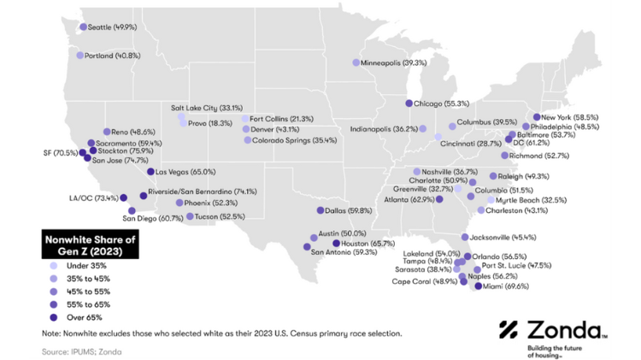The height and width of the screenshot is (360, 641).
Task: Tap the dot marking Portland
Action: coord(80,56)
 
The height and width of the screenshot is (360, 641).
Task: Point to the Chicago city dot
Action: coord(409,103)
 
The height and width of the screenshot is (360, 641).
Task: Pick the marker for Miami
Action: coord(477,286)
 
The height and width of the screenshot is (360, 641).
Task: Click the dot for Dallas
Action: coord(320,210)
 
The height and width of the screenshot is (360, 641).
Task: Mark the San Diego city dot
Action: coord(132,210)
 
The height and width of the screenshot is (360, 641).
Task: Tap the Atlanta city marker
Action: coord(438,199)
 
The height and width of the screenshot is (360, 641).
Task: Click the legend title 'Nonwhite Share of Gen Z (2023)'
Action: coord(90,245)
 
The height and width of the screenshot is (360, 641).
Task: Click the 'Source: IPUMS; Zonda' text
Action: coord(81,351)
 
